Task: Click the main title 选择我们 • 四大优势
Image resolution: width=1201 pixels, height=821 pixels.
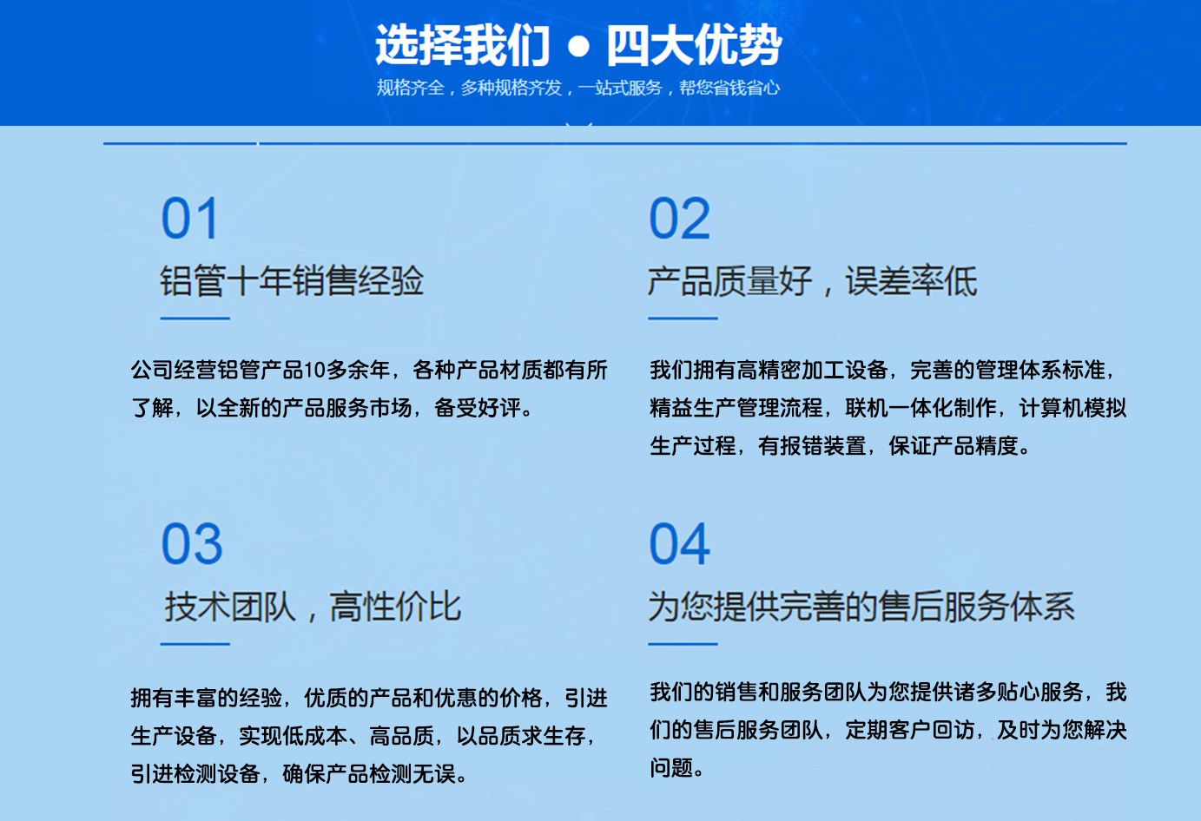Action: pyautogui.click(x=578, y=45)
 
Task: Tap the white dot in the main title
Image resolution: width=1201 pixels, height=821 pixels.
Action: pyautogui.click(x=578, y=47)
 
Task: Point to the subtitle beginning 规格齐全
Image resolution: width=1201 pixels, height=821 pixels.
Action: pyautogui.click(x=578, y=88)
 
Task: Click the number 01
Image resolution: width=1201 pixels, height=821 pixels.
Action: pyautogui.click(x=189, y=218)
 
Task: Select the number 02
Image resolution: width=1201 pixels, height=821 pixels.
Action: pyautogui.click(x=679, y=218)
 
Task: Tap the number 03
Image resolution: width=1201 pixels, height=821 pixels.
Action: pyautogui.click(x=192, y=544)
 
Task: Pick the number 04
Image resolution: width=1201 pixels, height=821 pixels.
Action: pyautogui.click(x=679, y=544)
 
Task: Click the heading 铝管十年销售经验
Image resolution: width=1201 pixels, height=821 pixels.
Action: pyautogui.click(x=292, y=280)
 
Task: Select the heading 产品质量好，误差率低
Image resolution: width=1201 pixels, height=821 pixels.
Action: pyautogui.click(x=812, y=280)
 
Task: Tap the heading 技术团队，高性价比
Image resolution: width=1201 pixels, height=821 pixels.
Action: pyautogui.click(x=313, y=607)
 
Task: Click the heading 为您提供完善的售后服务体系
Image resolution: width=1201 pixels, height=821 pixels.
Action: pyautogui.click(x=861, y=607)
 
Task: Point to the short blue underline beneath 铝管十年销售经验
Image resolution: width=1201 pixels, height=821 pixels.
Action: pyautogui.click(x=195, y=319)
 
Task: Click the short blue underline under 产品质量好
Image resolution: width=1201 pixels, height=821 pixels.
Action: pyautogui.click(x=683, y=319)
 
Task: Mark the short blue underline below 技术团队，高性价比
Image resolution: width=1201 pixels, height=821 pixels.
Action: pyautogui.click(x=195, y=644)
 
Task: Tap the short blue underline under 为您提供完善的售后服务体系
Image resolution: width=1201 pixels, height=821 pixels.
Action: pyautogui.click(x=683, y=644)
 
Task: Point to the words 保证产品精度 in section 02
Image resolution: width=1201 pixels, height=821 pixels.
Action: pyautogui.click(x=954, y=445)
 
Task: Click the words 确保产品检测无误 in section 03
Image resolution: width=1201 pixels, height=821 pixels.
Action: pyautogui.click(x=369, y=773)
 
